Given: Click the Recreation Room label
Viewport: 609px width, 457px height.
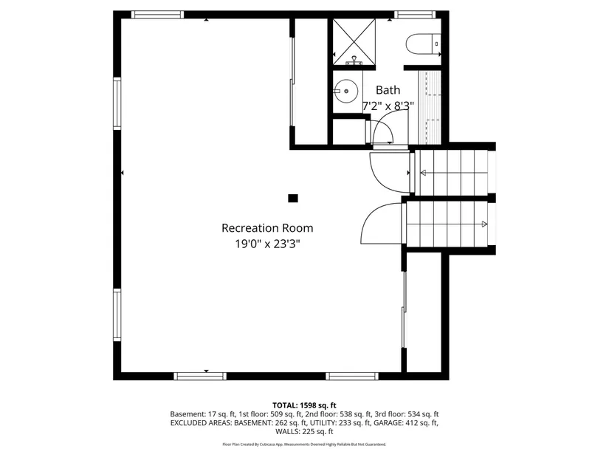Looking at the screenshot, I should point(267,228).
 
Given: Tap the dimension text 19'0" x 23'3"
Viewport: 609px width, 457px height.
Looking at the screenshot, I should point(267,244).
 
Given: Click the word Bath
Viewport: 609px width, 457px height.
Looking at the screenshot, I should point(388,90).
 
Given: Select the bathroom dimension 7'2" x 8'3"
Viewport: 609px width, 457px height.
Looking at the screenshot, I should point(388,106).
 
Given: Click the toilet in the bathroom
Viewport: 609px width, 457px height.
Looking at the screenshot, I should point(423,44).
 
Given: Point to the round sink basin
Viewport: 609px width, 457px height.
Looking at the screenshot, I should point(345,92).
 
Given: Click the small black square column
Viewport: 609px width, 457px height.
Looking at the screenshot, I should point(293,198).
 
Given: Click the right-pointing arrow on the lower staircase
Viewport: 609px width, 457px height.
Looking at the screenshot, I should point(484,223).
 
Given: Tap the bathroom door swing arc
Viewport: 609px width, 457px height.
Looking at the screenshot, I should point(385,133).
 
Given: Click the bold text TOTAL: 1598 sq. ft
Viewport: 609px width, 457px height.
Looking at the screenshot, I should point(304,405).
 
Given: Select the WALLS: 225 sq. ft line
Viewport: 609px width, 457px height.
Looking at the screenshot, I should point(304,432).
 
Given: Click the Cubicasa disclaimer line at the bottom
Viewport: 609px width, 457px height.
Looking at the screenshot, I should point(304,444).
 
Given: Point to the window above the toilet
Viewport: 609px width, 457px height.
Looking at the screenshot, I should point(414,14).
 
